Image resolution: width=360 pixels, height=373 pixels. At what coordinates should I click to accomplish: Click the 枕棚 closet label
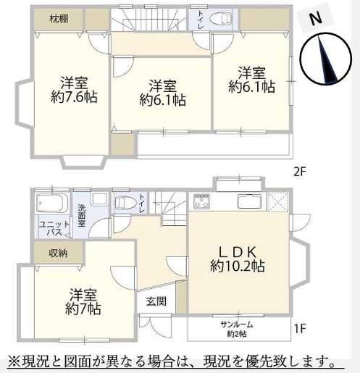[x=59, y=19]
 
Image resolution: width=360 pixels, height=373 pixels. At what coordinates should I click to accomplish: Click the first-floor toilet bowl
[x=125, y=202]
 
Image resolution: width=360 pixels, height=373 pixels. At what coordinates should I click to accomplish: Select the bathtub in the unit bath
[x=52, y=204]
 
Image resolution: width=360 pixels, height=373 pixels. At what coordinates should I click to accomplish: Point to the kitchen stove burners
[x=202, y=201]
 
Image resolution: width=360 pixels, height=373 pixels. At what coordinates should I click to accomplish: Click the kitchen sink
[x=250, y=201]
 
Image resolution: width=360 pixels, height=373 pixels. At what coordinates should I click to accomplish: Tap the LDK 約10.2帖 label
[x=238, y=259]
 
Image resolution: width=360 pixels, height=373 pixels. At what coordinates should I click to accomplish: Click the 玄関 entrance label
[x=156, y=301]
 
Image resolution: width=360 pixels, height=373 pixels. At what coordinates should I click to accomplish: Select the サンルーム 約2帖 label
[x=237, y=330]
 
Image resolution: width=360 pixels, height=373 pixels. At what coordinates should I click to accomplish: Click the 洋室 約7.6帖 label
[x=74, y=90]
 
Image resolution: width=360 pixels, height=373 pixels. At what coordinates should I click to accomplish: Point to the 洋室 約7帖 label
[x=83, y=301]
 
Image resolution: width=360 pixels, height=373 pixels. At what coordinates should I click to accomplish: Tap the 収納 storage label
[x=58, y=253]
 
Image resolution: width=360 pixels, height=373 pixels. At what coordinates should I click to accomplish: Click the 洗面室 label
[x=82, y=216]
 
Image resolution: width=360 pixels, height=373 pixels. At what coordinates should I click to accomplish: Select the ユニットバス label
[x=54, y=228]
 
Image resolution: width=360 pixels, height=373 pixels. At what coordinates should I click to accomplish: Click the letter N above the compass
[x=316, y=18]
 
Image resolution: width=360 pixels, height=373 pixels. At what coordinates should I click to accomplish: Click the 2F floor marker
[x=300, y=172]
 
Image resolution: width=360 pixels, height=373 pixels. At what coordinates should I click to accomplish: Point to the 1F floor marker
[x=300, y=328]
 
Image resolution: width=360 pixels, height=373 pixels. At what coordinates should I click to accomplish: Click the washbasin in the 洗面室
[x=99, y=199]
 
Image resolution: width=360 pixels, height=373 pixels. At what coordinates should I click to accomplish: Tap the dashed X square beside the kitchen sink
[x=278, y=202]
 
